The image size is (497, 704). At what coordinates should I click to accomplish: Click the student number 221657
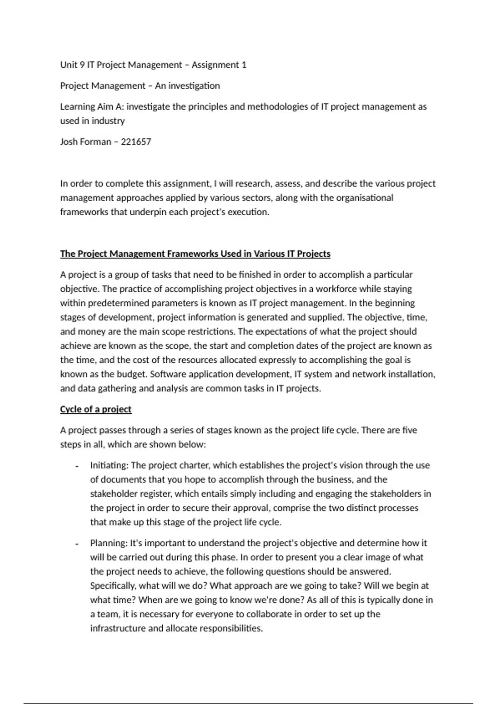tap(136, 142)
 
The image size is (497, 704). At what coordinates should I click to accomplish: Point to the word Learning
tap(77, 107)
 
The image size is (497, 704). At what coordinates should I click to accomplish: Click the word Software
tap(167, 374)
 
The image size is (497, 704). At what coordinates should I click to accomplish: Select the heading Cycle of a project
tap(96, 409)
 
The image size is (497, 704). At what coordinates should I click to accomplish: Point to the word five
tap(409, 430)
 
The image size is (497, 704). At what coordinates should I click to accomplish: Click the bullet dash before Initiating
tap(77, 466)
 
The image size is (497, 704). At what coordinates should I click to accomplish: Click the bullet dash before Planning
tap(77, 543)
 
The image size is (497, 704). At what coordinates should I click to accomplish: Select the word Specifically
tap(113, 586)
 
